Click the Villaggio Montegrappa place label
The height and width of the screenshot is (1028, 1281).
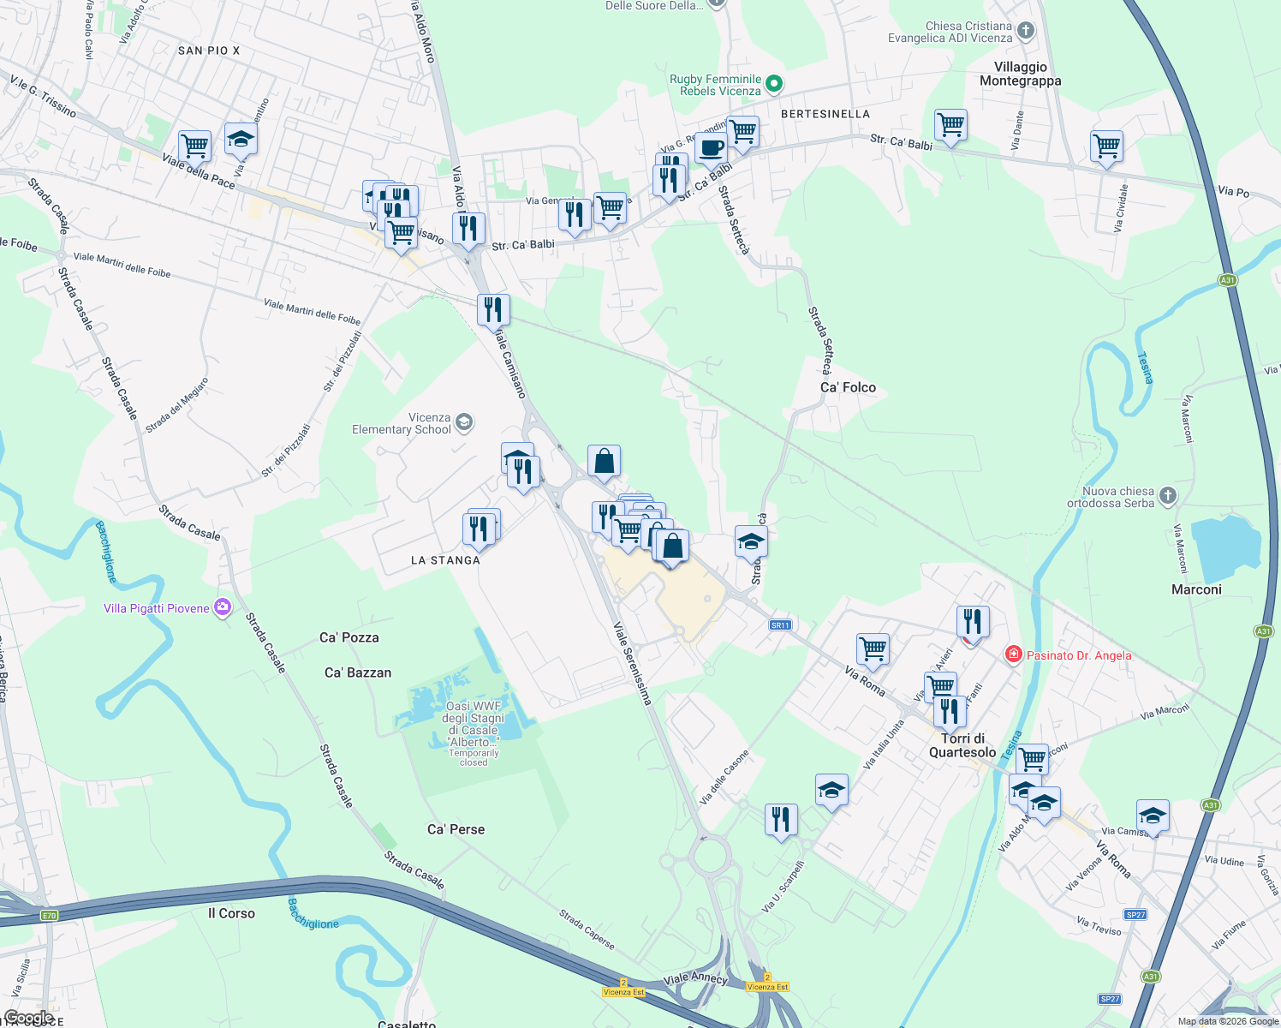coord(1020,74)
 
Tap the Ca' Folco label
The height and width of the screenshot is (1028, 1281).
coord(848,387)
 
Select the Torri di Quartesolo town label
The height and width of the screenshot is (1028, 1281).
coord(962,745)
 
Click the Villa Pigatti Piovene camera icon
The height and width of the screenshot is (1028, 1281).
coord(223,607)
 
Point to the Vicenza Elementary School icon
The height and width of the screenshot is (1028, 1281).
coord(464,421)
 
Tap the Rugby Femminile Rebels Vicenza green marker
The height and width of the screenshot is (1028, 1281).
coord(774,84)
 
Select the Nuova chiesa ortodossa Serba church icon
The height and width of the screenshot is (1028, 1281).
coord(1168,496)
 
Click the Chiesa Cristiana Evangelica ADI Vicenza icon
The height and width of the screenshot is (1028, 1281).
coord(1026,32)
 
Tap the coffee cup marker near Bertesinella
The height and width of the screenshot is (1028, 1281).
coord(710,147)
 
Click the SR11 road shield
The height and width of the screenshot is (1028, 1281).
coord(779,625)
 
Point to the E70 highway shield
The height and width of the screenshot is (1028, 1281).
coord(49,916)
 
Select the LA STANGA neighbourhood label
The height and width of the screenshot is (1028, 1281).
coord(445,560)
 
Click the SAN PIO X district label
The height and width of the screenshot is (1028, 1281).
coord(209,51)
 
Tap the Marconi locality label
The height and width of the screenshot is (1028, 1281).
coord(1196,589)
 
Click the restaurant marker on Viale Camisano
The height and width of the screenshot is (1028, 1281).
coord(493,309)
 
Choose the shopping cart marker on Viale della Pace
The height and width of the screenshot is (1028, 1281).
coord(195,146)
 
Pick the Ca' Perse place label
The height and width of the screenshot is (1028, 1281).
coord(456,829)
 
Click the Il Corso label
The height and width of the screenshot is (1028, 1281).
coord(231,913)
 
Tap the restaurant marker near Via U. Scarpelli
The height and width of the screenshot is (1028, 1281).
coord(780,819)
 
